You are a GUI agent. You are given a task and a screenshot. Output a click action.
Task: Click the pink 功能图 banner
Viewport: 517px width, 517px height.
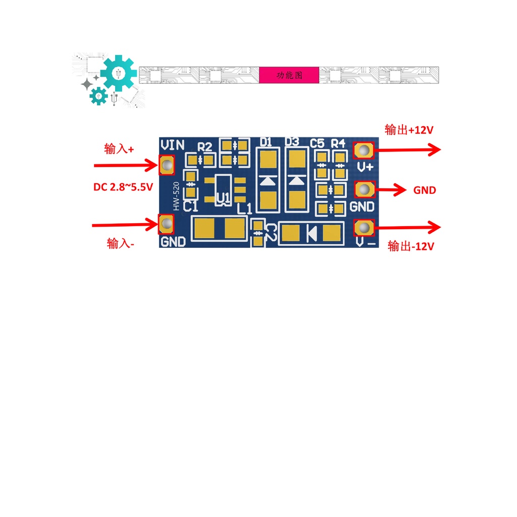[x=289, y=75]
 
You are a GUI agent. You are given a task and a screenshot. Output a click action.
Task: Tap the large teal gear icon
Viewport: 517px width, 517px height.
[x=119, y=73]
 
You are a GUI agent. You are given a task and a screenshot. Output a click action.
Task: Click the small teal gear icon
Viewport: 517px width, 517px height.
[x=98, y=96]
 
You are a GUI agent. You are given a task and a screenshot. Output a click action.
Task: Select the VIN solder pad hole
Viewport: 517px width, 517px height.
[x=167, y=164]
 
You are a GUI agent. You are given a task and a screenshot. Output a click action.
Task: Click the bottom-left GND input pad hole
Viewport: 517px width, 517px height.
[x=167, y=224]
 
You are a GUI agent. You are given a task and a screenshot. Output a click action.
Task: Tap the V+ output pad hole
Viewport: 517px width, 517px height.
[x=364, y=150]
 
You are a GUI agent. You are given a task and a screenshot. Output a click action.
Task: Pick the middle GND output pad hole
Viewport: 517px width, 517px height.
[x=364, y=190]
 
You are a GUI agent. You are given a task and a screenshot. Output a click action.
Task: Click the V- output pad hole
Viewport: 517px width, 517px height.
[x=364, y=228]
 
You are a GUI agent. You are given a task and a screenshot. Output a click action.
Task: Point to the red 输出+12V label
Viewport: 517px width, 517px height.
[x=409, y=130]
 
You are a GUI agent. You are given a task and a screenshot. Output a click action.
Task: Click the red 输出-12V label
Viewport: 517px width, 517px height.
[x=411, y=246]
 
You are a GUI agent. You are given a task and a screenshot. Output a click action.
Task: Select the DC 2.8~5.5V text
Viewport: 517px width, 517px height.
[x=123, y=187]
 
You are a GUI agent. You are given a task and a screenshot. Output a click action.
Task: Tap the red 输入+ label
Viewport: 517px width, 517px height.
[x=119, y=149]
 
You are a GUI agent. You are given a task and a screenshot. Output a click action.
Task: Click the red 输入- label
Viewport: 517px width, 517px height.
[x=120, y=244]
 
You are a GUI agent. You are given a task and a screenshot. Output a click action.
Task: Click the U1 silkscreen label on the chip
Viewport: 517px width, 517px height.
[x=223, y=198]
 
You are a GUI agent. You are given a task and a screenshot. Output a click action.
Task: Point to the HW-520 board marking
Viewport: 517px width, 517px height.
[x=176, y=196]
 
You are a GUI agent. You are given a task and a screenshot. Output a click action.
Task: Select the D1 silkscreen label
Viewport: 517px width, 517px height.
[x=266, y=142]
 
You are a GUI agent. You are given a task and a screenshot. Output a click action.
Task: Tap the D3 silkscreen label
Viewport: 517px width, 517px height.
[x=292, y=142]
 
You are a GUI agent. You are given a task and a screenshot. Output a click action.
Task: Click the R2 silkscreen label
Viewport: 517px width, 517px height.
[x=205, y=147]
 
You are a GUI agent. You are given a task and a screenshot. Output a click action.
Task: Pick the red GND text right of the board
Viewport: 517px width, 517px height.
[x=425, y=190]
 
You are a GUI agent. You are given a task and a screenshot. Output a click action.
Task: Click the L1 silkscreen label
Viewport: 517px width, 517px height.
[x=245, y=209]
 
